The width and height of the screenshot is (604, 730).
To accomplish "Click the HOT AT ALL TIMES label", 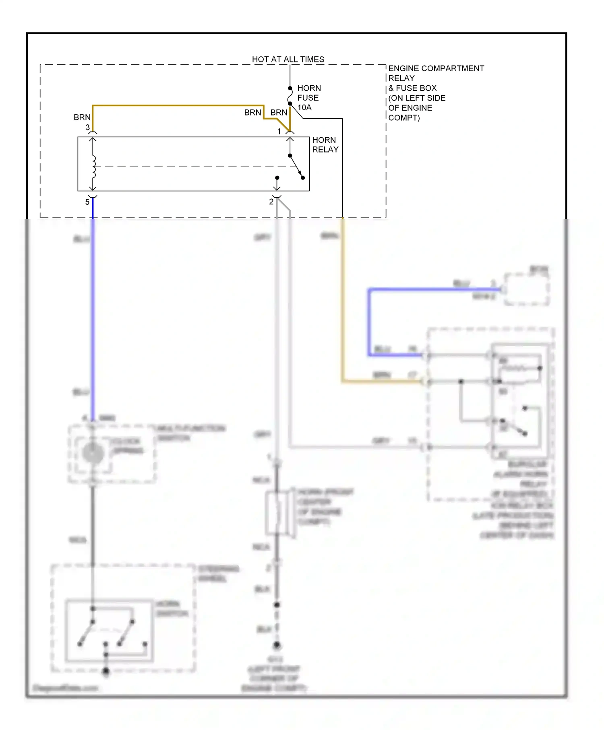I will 288,59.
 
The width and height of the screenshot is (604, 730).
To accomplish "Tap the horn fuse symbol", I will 290,96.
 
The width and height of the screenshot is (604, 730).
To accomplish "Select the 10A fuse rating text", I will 304,107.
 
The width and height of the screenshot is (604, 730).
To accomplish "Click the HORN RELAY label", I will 325,144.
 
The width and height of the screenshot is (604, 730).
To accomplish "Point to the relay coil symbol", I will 93,167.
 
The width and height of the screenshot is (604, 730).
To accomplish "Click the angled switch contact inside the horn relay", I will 296,166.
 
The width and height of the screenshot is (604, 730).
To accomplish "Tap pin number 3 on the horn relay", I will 87,128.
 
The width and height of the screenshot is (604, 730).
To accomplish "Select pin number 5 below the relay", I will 87,202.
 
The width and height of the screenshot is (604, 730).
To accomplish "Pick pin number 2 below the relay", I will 271,202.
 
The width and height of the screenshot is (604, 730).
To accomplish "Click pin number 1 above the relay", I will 279,131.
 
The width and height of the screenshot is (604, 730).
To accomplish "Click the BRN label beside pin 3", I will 82,117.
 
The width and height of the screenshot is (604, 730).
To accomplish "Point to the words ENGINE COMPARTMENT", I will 436,68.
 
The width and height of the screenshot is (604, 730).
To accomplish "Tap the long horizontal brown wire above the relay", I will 177,106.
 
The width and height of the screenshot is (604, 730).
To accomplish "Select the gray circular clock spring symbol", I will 93,453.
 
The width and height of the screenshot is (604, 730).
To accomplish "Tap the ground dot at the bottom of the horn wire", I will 277,645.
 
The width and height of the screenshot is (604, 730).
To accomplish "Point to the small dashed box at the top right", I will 526,289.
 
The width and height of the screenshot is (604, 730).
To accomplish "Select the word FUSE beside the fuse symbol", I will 308,98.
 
